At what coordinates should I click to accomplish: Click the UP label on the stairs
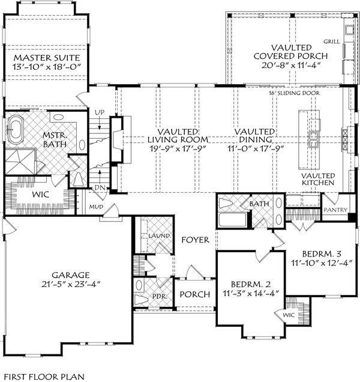tap(101, 112)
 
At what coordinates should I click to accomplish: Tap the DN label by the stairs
tap(100, 188)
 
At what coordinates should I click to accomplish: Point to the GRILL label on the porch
tap(332, 42)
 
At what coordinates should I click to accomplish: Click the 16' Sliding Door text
tap(294, 94)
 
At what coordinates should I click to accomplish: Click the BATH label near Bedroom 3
tap(259, 204)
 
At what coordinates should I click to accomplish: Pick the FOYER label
tap(196, 240)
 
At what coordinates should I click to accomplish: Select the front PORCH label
tap(195, 294)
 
